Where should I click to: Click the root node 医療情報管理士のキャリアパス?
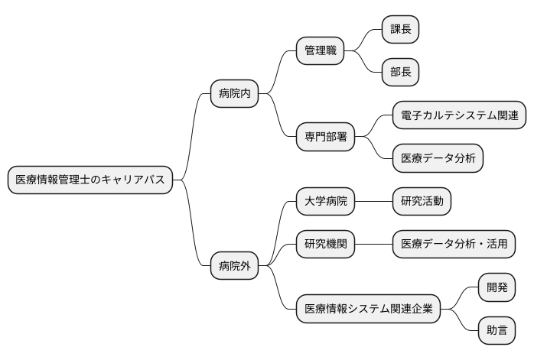click(x=90, y=180)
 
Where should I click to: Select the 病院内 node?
click(x=234, y=94)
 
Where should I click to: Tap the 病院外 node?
click(x=234, y=267)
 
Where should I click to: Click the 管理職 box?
click(x=320, y=51)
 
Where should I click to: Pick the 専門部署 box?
click(x=325, y=137)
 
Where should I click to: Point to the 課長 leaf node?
click(x=401, y=30)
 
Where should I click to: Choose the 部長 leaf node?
click(x=401, y=73)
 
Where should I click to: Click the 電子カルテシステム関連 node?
click(x=459, y=115)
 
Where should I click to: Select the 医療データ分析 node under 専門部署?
click(x=438, y=158)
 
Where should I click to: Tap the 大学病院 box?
click(x=325, y=202)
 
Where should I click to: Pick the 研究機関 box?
click(x=325, y=245)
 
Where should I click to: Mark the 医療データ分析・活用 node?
click(x=454, y=245)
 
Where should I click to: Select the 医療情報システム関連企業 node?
click(x=369, y=310)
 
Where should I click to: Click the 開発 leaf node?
click(x=497, y=288)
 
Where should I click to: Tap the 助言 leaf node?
click(x=497, y=331)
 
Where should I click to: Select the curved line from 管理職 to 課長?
click(x=363, y=40)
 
